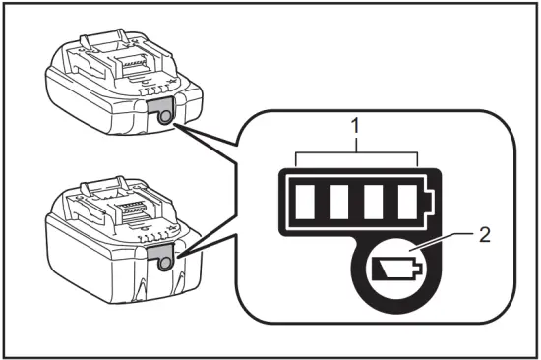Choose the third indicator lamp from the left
[373, 202]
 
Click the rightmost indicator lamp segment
[406, 202]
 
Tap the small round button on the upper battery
[164, 116]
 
